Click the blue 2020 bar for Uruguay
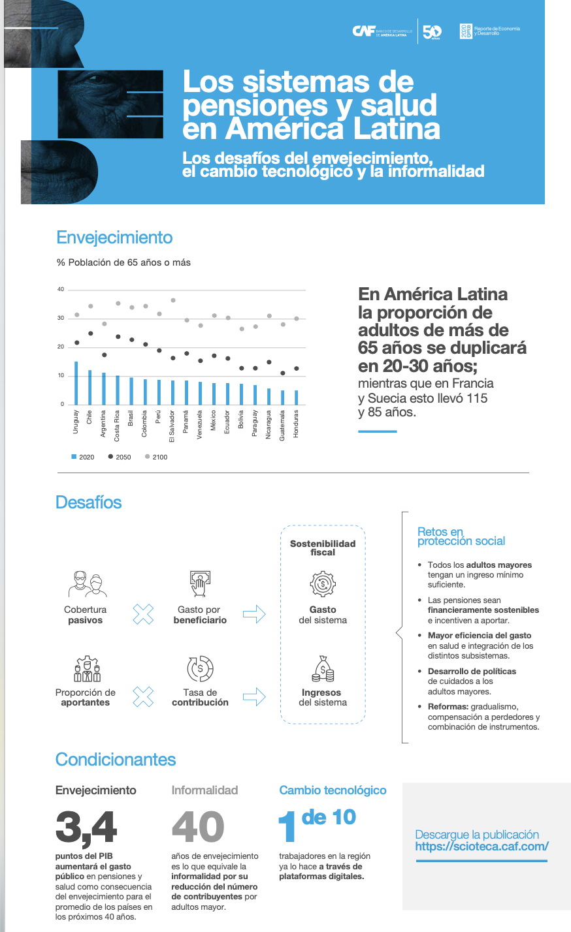pos(76,383)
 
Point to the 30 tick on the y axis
pos(61,318)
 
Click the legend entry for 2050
pos(120,457)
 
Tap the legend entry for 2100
pos(156,457)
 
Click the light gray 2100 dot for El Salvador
pos(173,300)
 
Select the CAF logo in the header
pos(363,31)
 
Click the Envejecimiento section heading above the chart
pos(114,238)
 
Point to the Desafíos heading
pos(89,503)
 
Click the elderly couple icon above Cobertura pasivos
pos(87,584)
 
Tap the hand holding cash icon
pos(199,583)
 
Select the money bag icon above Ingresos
pos(323,669)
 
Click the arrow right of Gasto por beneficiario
pos(254,614)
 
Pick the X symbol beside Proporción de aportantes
pos(143,696)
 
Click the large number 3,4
pos(86,827)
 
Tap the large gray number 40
pos(197,827)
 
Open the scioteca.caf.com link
pos(481,847)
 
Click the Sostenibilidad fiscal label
pos(323,548)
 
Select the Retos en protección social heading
pos(461,536)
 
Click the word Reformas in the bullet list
pos(446,707)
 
